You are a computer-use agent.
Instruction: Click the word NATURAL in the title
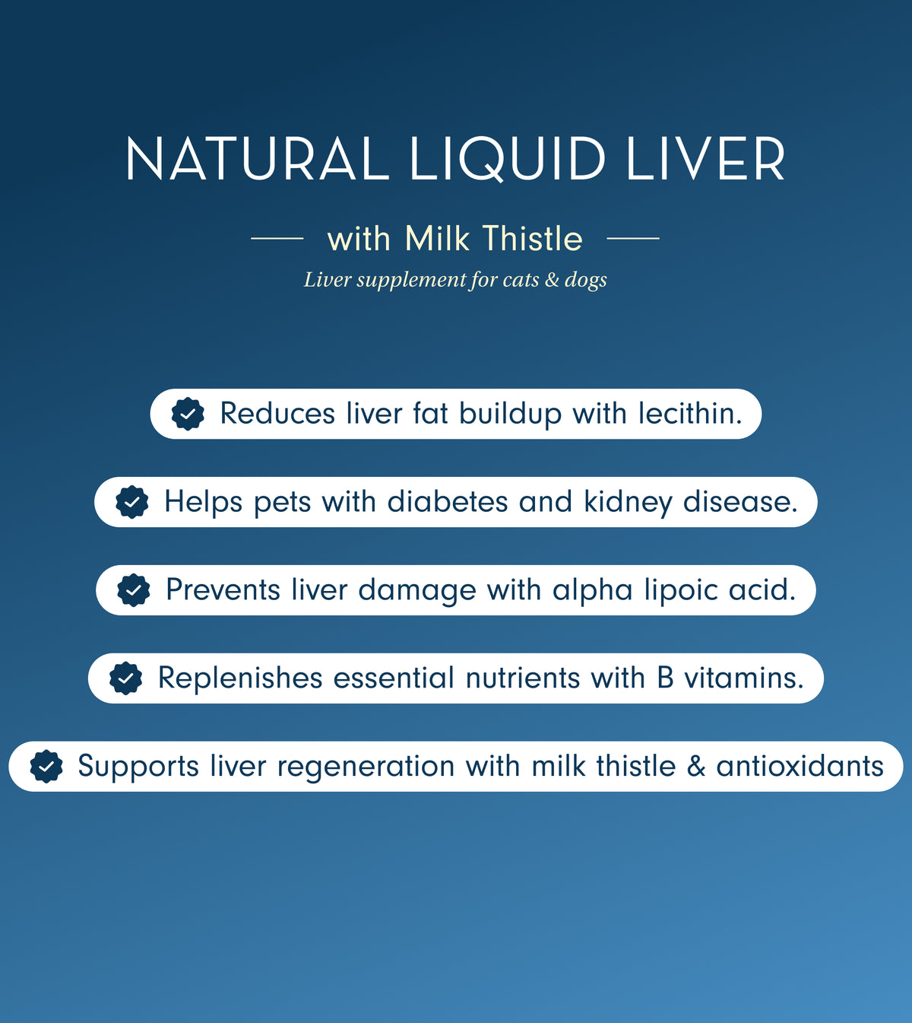tap(257, 160)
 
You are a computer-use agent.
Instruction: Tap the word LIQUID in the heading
tap(508, 160)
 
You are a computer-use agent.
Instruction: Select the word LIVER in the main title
tap(706, 160)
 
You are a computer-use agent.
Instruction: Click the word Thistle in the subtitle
tap(532, 239)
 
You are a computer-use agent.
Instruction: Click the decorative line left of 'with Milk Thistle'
tap(277, 239)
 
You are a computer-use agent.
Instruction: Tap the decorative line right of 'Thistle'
tap(633, 239)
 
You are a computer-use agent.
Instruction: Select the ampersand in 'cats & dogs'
tap(552, 280)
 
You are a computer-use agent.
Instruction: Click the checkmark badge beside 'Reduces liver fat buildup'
tap(188, 414)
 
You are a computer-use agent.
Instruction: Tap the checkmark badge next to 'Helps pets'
tap(132, 502)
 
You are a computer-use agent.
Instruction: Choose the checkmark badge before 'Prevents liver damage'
tap(134, 590)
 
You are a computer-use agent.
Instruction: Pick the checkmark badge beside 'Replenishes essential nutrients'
tap(126, 678)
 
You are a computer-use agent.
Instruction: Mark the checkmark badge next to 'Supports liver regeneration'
tap(46, 766)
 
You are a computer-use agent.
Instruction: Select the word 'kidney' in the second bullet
tap(628, 503)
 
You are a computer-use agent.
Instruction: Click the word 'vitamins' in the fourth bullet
tap(743, 678)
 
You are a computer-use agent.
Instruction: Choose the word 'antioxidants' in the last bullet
tap(800, 766)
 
